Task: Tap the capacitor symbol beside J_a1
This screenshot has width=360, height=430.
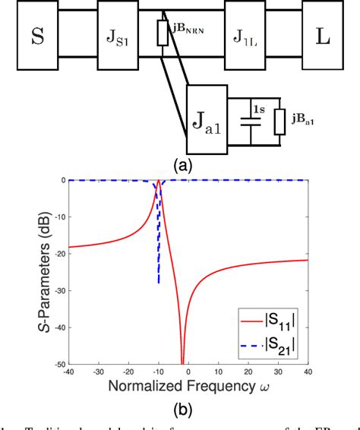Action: pyautogui.click(x=245, y=120)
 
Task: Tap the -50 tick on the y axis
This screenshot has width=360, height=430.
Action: pyautogui.click(x=56, y=364)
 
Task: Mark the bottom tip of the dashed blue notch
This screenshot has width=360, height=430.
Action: pyautogui.click(x=158, y=283)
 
